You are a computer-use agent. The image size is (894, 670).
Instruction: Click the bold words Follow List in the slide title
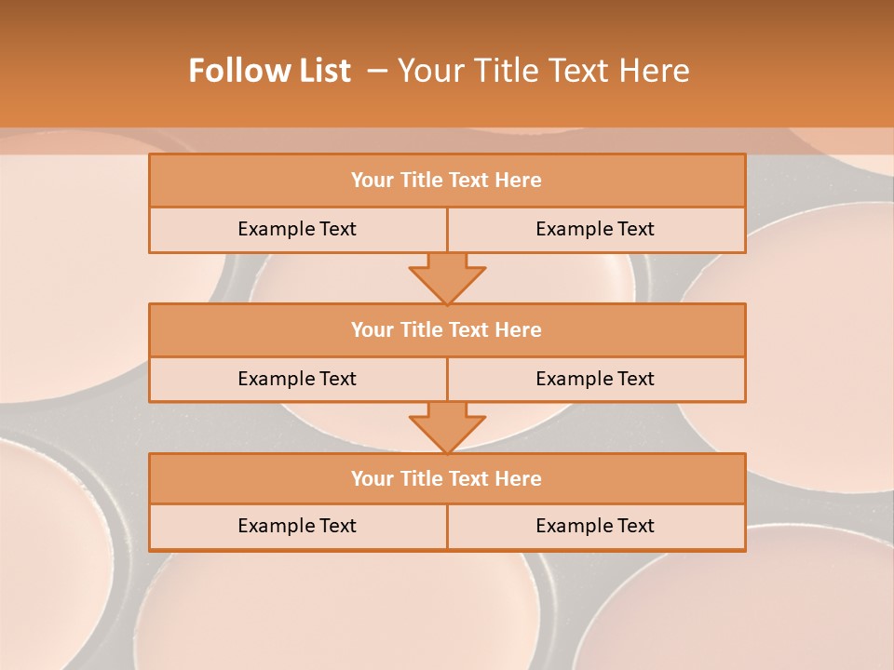270,71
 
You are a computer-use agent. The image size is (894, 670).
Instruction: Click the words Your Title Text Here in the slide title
543,71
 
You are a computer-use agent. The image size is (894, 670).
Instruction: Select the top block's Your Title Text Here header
446,181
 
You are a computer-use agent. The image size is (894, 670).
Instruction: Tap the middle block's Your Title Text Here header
446,329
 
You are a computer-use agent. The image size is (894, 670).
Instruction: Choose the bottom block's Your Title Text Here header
446,478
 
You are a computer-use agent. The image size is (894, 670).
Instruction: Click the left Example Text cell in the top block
297,229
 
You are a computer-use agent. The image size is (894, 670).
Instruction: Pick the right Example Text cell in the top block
595,229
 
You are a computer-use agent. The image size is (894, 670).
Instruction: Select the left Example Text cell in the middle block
297,379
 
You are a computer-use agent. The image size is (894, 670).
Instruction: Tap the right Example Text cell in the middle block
595,379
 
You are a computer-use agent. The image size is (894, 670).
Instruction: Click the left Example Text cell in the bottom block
297,526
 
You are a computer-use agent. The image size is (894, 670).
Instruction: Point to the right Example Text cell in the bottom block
595,526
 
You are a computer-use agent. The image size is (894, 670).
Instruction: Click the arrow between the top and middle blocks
447,277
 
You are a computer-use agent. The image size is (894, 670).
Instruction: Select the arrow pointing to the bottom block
447,426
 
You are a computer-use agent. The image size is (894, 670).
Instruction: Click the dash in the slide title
377,71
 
